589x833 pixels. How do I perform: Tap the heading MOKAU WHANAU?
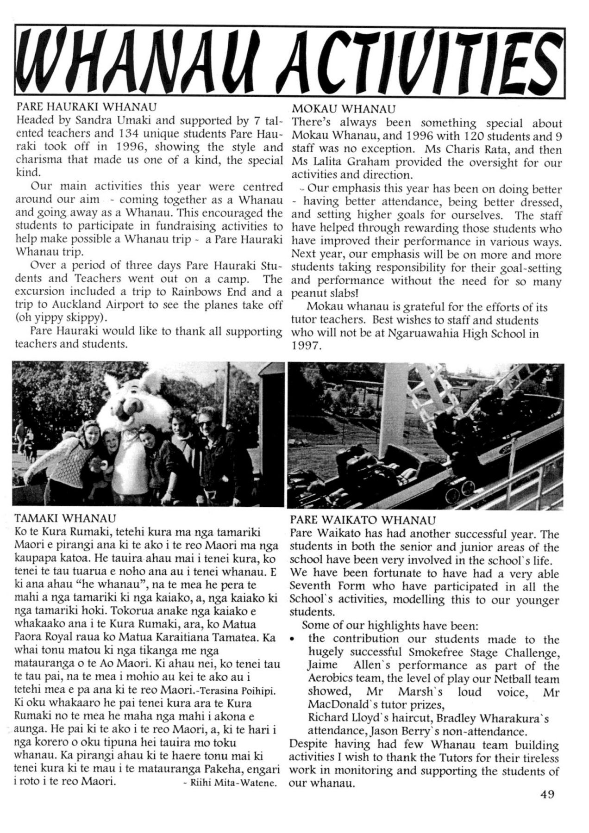point(344,109)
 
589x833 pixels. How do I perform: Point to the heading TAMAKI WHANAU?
point(65,517)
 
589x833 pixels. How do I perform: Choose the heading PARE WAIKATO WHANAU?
point(363,520)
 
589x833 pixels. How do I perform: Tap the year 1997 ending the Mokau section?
point(306,346)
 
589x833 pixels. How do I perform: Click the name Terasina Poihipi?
point(237,691)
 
